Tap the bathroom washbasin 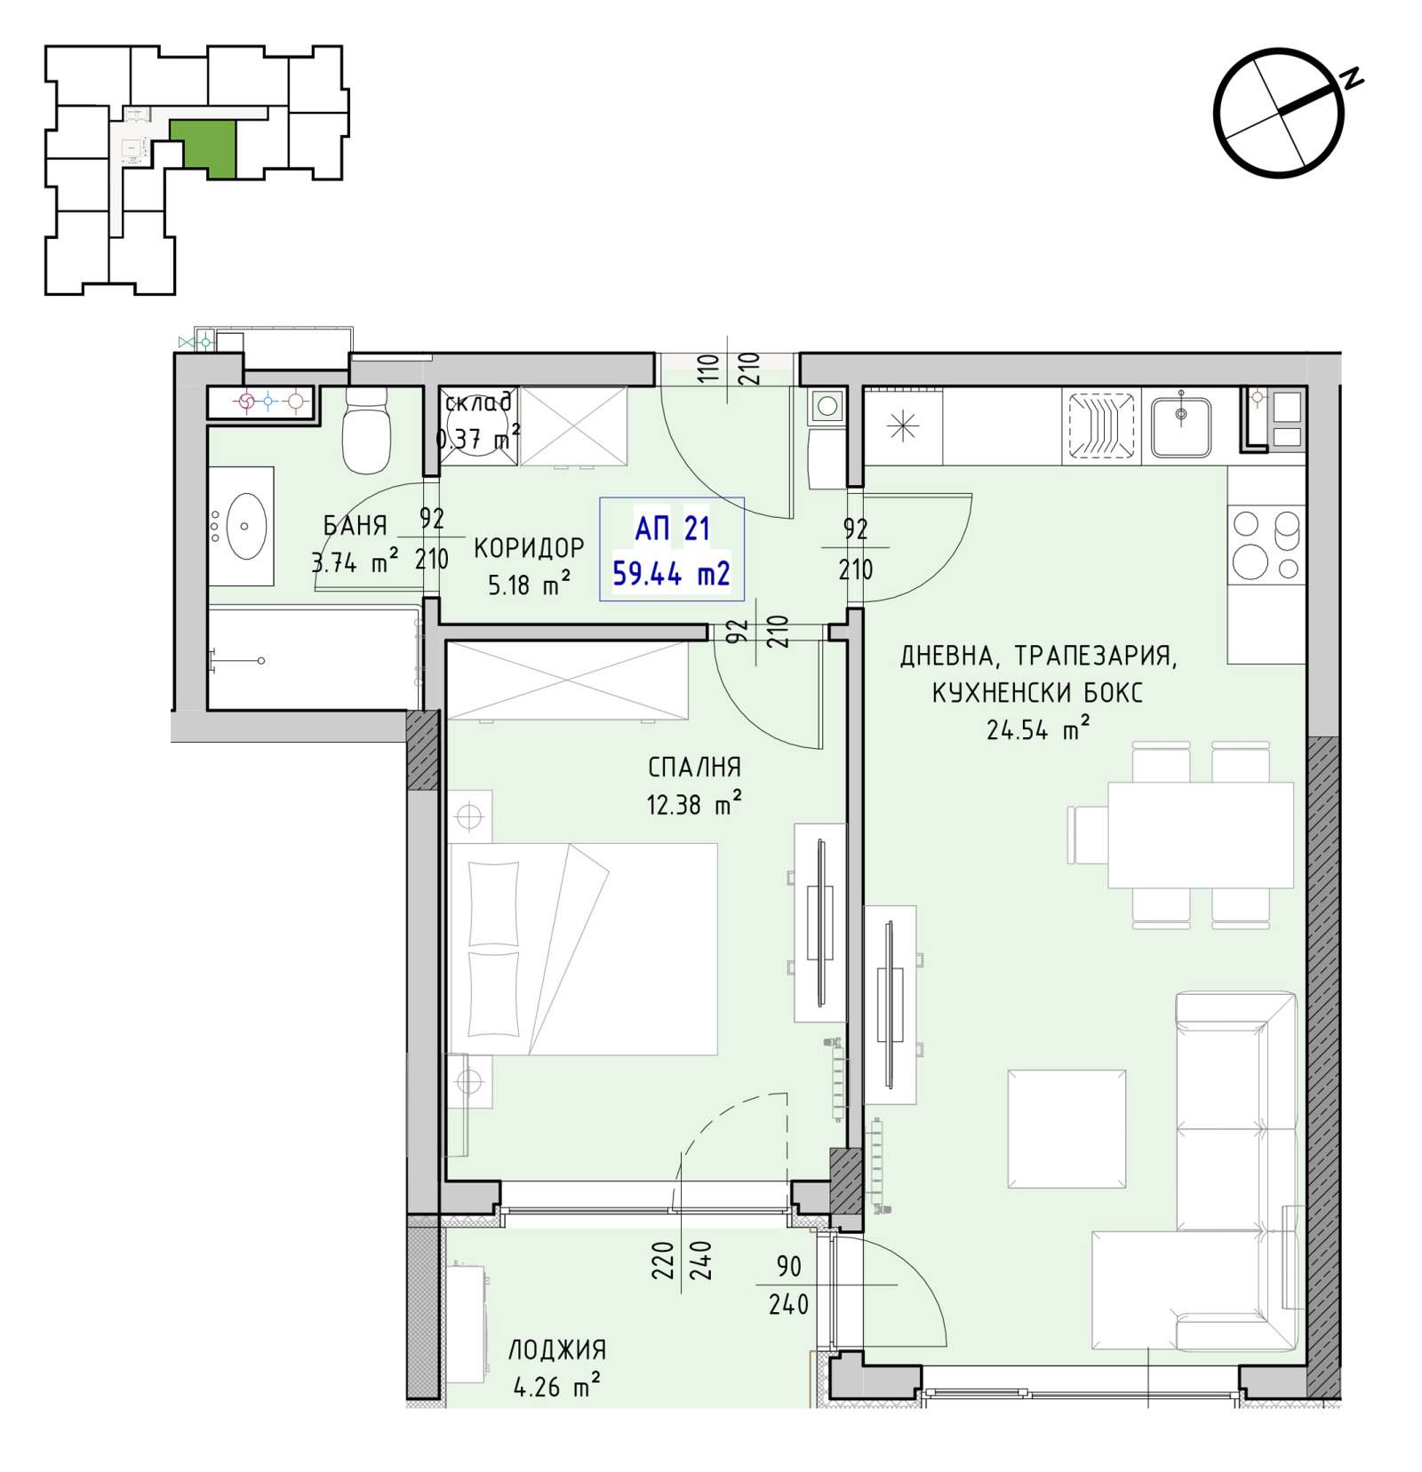coord(242,526)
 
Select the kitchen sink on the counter coord(1181,426)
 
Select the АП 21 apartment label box coord(672,549)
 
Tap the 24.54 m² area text coord(1038,729)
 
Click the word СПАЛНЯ coord(694,767)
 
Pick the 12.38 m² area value coord(694,804)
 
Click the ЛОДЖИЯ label coord(557,1350)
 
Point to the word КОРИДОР coord(529,548)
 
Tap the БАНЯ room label coord(355,526)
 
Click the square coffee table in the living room coord(1066,1128)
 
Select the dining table coord(1200,835)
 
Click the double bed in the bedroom coord(583,949)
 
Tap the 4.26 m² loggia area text coord(557,1386)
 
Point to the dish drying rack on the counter coord(1101,427)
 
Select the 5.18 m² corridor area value coord(529,585)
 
